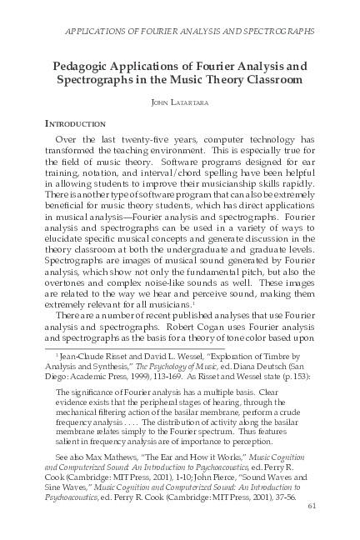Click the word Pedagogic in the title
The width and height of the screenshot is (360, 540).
click(x=82, y=66)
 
